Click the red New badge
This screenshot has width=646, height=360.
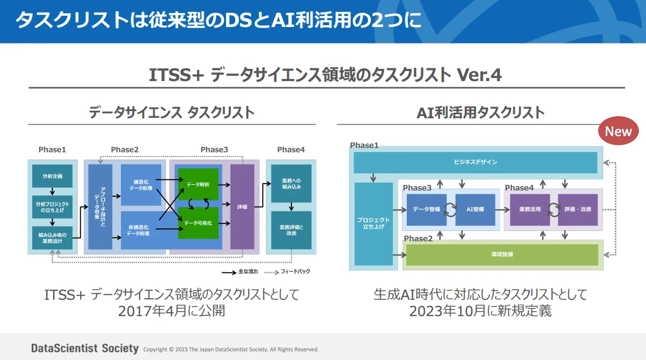pos(618,132)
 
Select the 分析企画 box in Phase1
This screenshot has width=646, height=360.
pos(52,176)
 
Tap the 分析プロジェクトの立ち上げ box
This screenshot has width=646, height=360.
pos(52,207)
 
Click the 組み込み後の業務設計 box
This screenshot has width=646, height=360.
pos(52,238)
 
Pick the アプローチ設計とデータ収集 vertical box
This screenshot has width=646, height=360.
pos(100,207)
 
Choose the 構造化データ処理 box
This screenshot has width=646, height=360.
pos(141,185)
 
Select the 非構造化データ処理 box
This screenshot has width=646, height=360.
pos(141,230)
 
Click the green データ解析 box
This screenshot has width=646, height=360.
pos(198,184)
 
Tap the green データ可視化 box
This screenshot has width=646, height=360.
pos(198,223)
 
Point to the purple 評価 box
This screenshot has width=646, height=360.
pos(242,207)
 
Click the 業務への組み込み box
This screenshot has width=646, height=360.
pos(291,184)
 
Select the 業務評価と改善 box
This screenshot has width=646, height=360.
pos(291,230)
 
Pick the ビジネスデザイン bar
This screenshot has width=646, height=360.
pos(475,162)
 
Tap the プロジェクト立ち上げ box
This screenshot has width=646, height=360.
pos(373,224)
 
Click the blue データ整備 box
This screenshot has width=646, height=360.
pos(426,210)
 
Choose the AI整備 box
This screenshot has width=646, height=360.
pos(475,210)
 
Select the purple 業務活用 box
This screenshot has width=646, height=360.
pos(530,210)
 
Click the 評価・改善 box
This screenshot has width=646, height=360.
pos(578,210)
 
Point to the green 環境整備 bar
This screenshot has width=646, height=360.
pos(501,254)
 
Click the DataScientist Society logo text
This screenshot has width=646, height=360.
pos(85,349)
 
